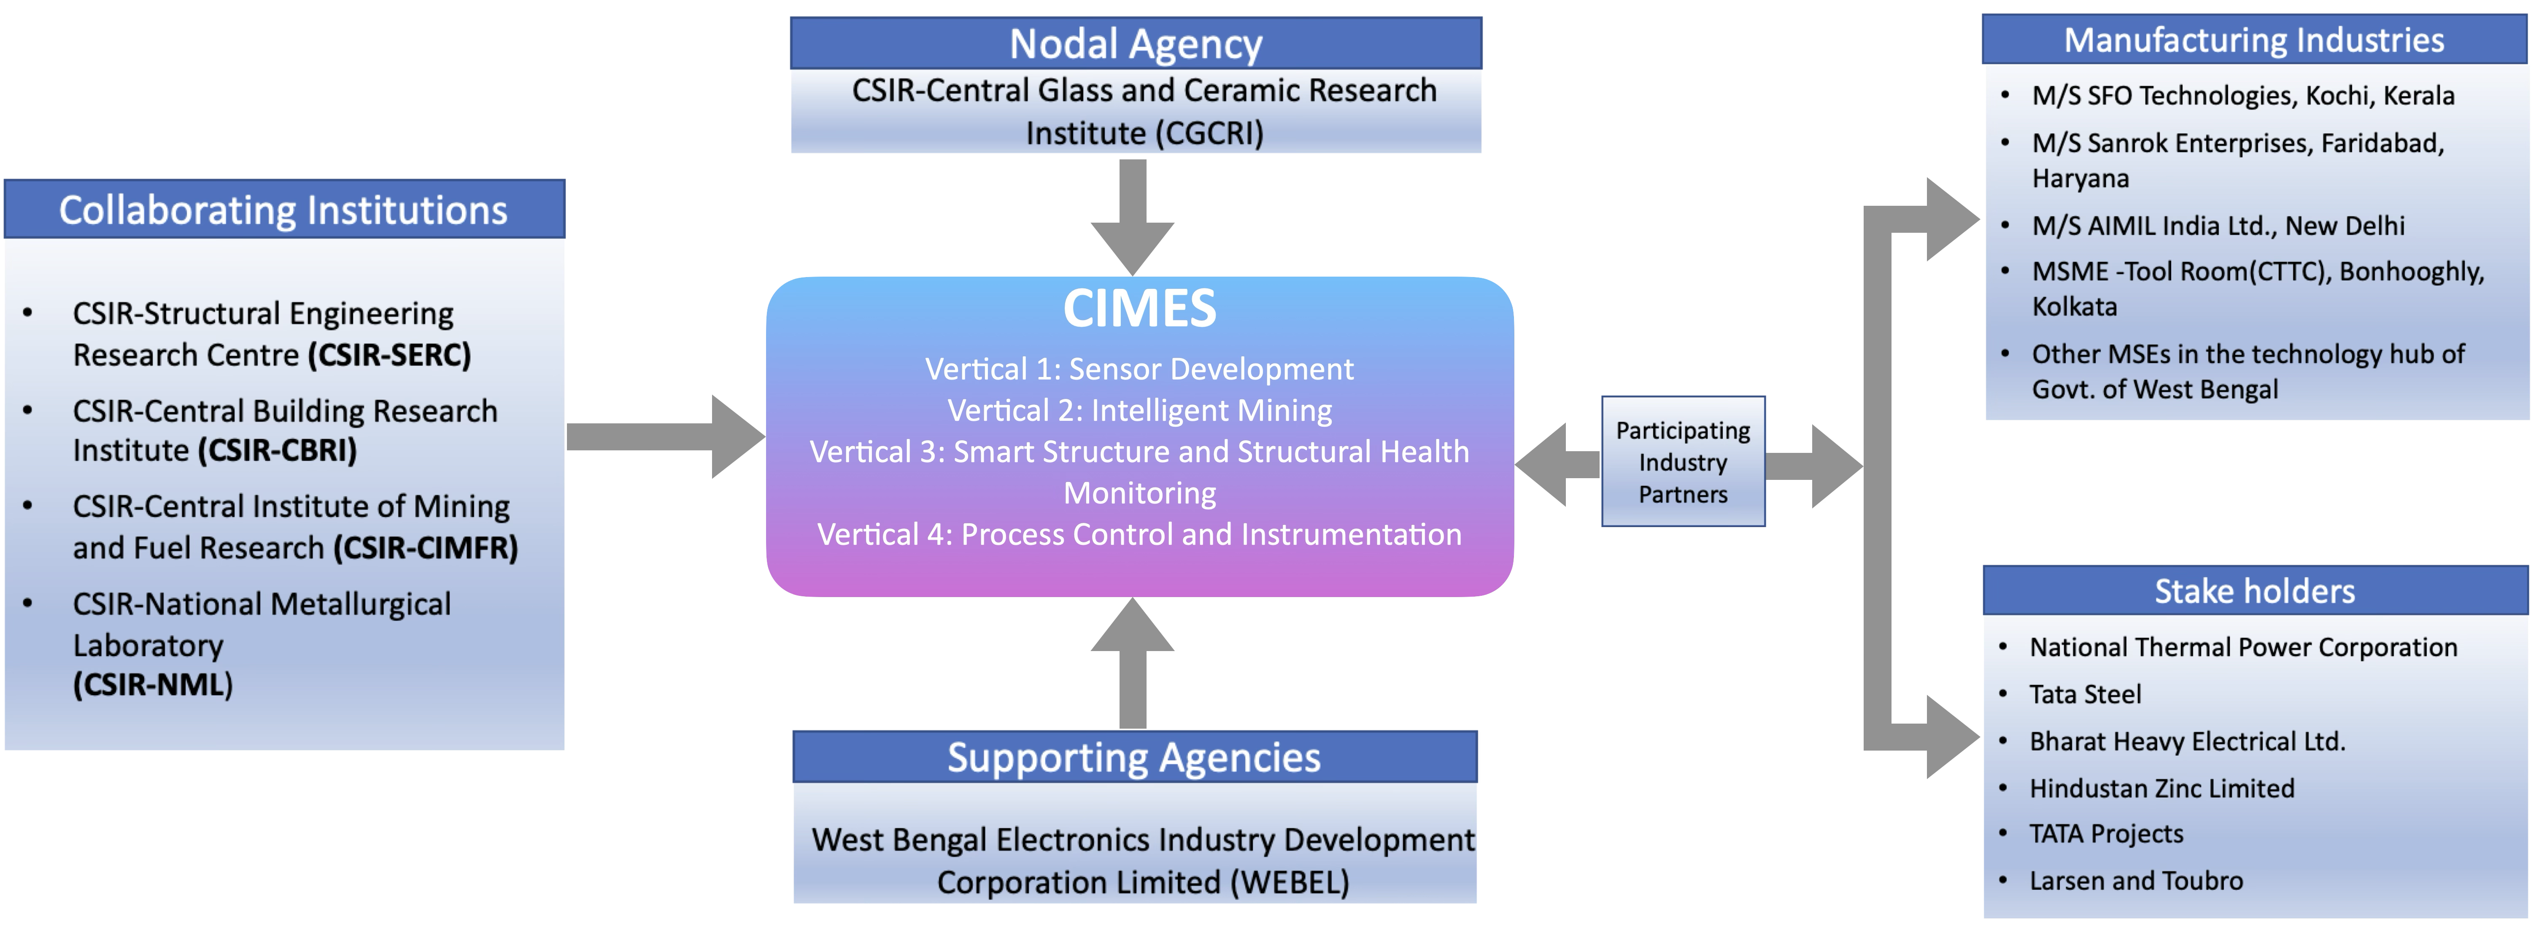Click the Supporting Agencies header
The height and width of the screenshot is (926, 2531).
(x=1134, y=757)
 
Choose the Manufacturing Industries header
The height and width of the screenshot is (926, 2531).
(x=2254, y=40)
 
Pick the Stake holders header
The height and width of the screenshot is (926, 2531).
(x=2254, y=591)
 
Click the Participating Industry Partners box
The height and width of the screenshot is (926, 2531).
(x=1683, y=462)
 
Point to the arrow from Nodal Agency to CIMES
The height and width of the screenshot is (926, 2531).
(x=1133, y=216)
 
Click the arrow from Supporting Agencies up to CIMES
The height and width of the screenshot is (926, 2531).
(x=1133, y=663)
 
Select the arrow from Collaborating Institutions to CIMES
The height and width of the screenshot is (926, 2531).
(x=666, y=437)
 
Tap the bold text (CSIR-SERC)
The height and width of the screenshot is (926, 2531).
(x=389, y=355)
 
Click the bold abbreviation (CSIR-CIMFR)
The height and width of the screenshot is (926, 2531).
(x=426, y=547)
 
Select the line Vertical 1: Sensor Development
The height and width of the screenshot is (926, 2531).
(x=1139, y=369)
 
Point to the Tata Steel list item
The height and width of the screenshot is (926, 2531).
(x=2085, y=694)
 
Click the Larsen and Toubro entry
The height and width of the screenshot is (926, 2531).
(x=2136, y=881)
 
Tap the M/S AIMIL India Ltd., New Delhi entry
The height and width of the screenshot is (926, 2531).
(x=2218, y=226)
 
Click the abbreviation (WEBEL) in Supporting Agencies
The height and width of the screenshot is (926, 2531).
(x=1290, y=882)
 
